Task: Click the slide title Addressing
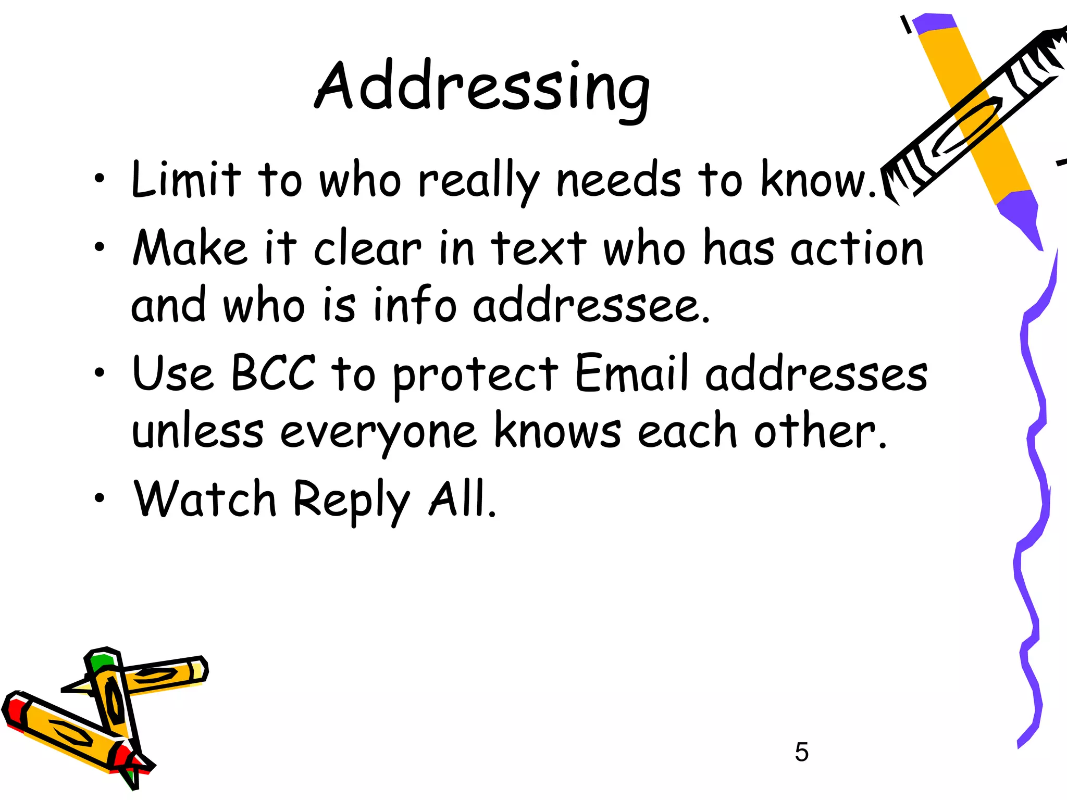click(x=482, y=87)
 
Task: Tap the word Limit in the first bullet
click(x=186, y=180)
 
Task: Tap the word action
click(x=857, y=248)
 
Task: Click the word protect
click(x=475, y=375)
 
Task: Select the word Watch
click(x=205, y=498)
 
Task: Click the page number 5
click(x=801, y=752)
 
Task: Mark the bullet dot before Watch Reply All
click(x=99, y=498)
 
